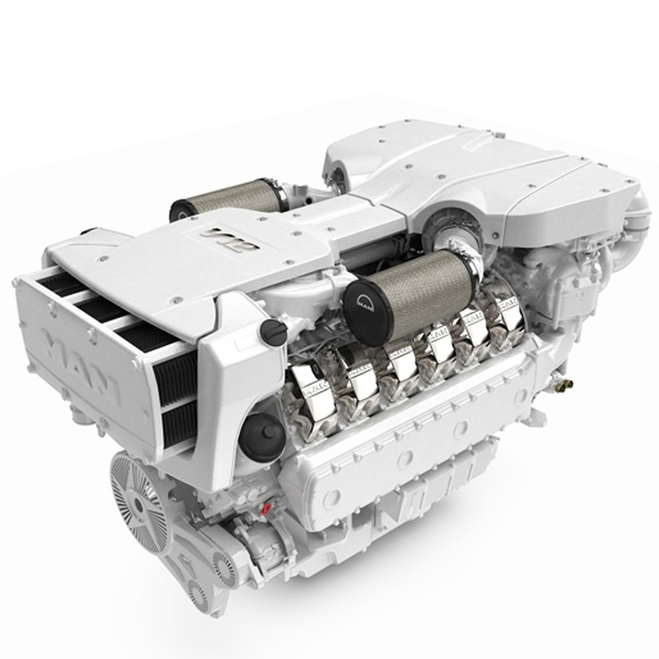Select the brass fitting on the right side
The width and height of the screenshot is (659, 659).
point(563,384)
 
